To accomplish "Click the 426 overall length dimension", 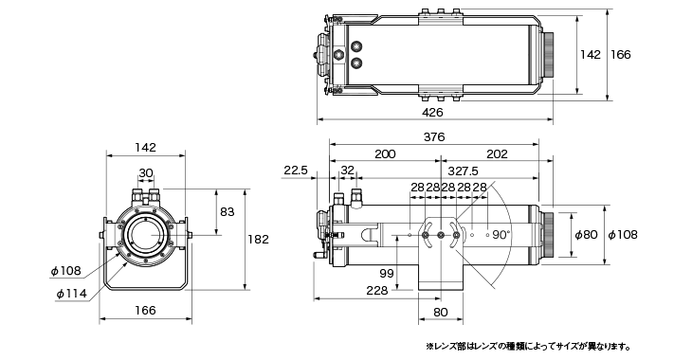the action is [x=432, y=113].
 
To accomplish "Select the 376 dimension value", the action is [x=434, y=137].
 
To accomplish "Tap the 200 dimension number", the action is [x=385, y=154].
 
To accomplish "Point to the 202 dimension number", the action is [x=497, y=154].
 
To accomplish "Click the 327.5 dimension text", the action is [x=463, y=171].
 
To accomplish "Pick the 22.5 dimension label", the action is [x=296, y=171].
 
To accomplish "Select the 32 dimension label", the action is [x=348, y=171].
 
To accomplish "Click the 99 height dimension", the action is [x=387, y=274].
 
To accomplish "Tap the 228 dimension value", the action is [x=377, y=290].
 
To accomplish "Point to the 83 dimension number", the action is [x=228, y=212].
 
